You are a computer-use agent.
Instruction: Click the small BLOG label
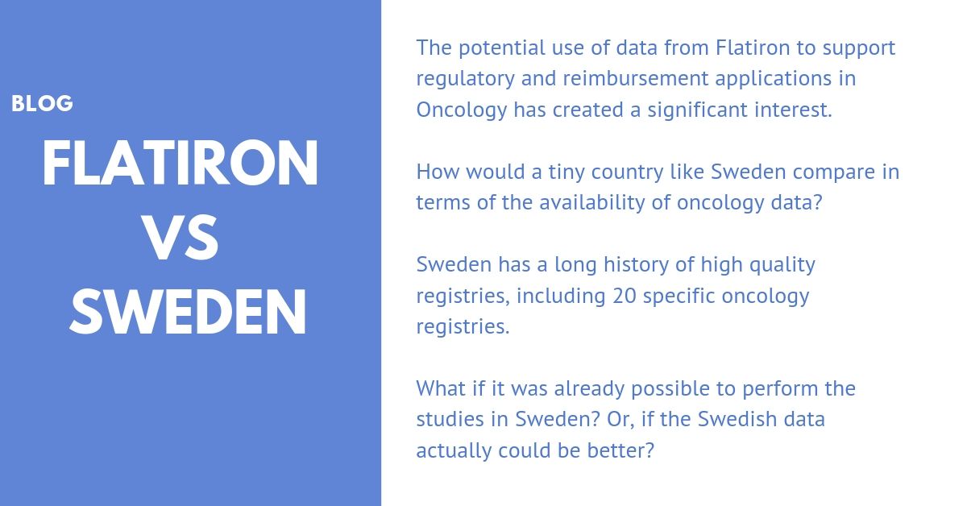[42, 104]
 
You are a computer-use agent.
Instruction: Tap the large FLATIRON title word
[180, 164]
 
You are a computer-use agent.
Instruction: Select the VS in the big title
[180, 238]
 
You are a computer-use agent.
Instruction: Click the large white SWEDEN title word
[188, 312]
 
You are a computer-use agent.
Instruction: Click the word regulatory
[466, 80]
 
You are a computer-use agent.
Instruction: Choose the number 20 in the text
[625, 297]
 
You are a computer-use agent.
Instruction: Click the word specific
[679, 297]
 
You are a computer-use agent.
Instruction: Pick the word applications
[773, 80]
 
